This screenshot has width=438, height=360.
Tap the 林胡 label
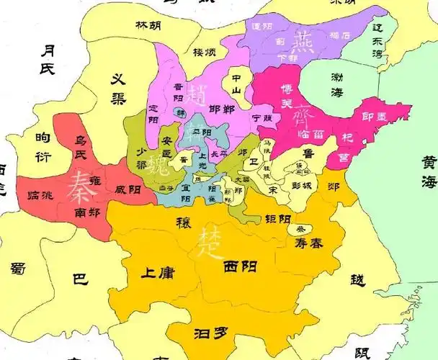point(148,25)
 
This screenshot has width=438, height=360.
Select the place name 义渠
point(120,88)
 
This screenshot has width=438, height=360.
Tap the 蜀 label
point(19,269)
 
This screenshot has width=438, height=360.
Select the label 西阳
point(240,267)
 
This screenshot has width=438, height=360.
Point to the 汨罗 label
point(211,333)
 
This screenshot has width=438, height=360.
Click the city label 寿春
point(309,244)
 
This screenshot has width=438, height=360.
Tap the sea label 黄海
point(429,172)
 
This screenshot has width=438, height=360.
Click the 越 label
point(358,279)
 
